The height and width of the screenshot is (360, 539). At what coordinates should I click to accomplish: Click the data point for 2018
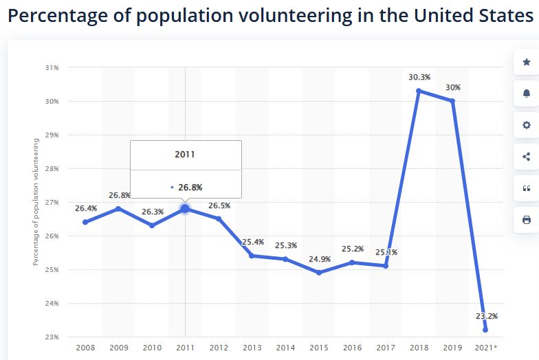[419, 91]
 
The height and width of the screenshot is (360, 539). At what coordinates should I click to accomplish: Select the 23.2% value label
[486, 317]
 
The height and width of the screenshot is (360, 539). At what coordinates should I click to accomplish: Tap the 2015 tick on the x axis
[319, 348]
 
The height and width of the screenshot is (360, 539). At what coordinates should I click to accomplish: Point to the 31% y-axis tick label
[52, 67]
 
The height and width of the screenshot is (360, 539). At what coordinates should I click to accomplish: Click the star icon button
[527, 63]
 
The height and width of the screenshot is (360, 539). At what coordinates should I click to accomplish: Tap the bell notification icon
[527, 93]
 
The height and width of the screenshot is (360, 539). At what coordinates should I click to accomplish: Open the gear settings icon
[527, 125]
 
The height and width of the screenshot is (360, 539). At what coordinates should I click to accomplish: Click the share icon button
[527, 157]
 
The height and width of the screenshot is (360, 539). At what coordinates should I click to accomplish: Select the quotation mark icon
[527, 188]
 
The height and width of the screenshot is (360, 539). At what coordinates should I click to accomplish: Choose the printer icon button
[527, 220]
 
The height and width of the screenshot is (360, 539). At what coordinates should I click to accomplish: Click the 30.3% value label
[419, 77]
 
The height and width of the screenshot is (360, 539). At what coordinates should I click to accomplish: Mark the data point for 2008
[85, 222]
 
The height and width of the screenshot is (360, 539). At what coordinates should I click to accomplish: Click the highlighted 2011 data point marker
[185, 208]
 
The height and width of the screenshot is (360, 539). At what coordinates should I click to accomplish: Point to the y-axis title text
[36, 201]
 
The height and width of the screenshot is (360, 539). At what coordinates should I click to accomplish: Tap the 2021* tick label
[486, 348]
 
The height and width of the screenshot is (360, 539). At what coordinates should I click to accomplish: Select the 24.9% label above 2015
[319, 259]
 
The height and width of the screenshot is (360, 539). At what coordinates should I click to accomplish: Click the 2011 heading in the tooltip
[185, 155]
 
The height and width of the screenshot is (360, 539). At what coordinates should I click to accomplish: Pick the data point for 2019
[452, 101]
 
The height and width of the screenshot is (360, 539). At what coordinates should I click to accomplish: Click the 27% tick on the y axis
[52, 202]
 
